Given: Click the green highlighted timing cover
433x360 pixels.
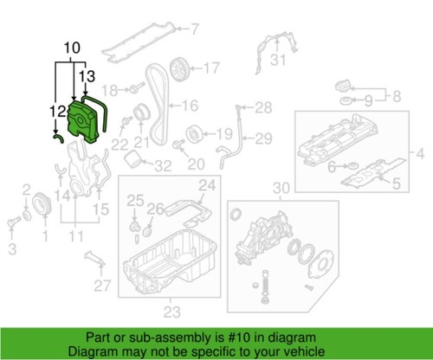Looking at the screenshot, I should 84,121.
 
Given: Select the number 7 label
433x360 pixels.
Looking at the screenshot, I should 195,29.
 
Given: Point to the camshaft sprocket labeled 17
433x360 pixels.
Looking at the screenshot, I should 180,66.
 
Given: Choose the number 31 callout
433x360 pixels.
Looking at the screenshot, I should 276,60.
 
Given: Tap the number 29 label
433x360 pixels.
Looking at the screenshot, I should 262,138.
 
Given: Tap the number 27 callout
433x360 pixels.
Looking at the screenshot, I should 102,286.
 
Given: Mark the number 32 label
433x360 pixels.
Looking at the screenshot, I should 162,166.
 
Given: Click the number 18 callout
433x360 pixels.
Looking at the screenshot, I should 110,89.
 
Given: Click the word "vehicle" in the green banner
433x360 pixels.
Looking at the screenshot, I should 302,350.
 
